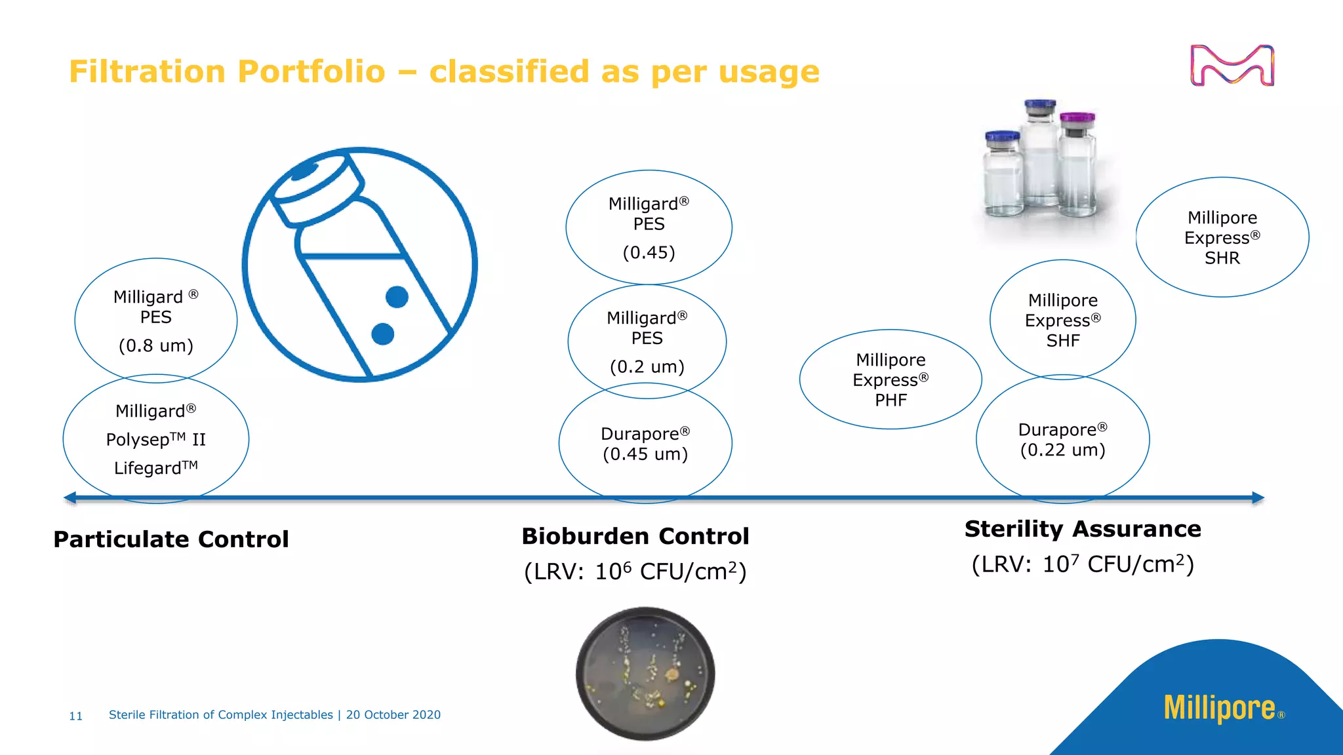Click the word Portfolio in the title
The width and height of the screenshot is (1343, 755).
pos(311,71)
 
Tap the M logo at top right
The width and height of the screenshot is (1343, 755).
pos(1232,65)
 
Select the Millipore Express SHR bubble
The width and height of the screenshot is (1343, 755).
pos(1222,237)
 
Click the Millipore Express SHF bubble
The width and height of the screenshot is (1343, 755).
pos(1062,320)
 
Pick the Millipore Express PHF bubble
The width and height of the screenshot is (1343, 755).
pos(891,379)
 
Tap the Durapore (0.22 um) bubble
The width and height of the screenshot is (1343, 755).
pos(1062,440)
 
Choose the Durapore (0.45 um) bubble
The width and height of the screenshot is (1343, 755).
pos(645,444)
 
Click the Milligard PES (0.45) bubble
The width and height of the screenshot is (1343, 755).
pos(649,227)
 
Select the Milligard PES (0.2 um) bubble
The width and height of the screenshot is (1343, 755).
pos(647,341)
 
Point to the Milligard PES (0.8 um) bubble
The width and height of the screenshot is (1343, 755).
pos(155,320)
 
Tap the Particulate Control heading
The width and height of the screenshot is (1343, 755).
pos(171,539)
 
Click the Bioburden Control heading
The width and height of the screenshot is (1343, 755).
pos(635,536)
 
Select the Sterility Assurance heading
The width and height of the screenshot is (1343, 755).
pos(1083,529)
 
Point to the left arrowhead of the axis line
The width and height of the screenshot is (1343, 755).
pos(70,498)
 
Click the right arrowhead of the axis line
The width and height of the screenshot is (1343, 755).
pos(1257,498)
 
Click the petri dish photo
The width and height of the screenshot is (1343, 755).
pos(645,674)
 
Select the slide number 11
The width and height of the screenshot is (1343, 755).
pos(75,716)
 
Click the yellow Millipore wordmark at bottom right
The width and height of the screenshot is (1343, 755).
pos(1219,708)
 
